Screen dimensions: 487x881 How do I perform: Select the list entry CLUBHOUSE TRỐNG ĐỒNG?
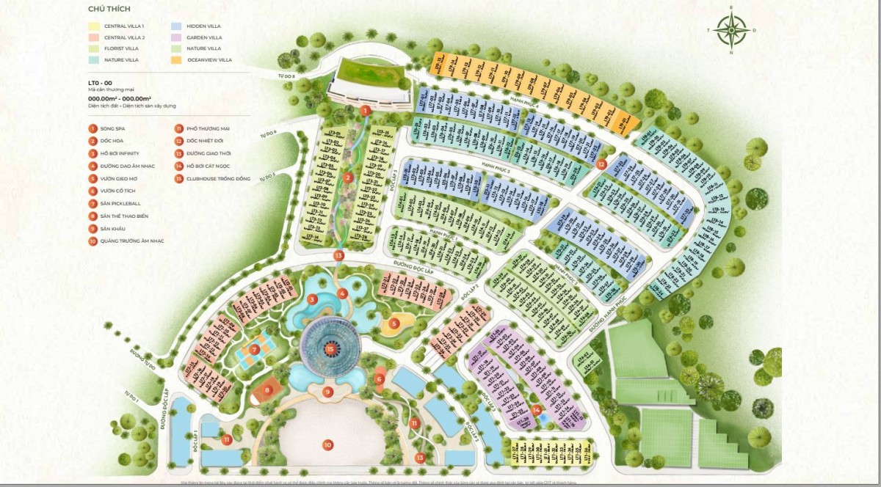[x=214, y=178]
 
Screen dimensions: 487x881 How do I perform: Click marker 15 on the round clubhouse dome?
[x=330, y=349]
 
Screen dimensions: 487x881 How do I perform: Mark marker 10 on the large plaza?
[x=327, y=444]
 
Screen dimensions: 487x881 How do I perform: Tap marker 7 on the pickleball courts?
[x=255, y=349]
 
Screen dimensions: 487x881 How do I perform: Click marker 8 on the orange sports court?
[x=268, y=389]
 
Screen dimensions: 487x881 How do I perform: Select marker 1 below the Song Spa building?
[x=365, y=111]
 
